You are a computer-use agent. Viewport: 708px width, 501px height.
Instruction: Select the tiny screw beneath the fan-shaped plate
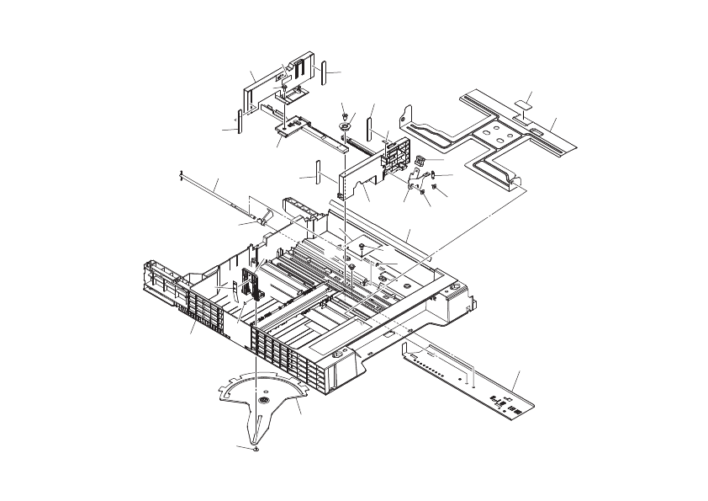click(x=256, y=449)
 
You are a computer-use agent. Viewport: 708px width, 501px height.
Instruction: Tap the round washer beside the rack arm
click(x=346, y=125)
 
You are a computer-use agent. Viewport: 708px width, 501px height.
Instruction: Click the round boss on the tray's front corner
click(x=336, y=357)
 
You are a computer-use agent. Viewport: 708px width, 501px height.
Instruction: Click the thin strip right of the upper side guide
click(x=323, y=72)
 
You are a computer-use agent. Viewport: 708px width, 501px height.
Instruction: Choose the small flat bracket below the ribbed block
click(x=414, y=178)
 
